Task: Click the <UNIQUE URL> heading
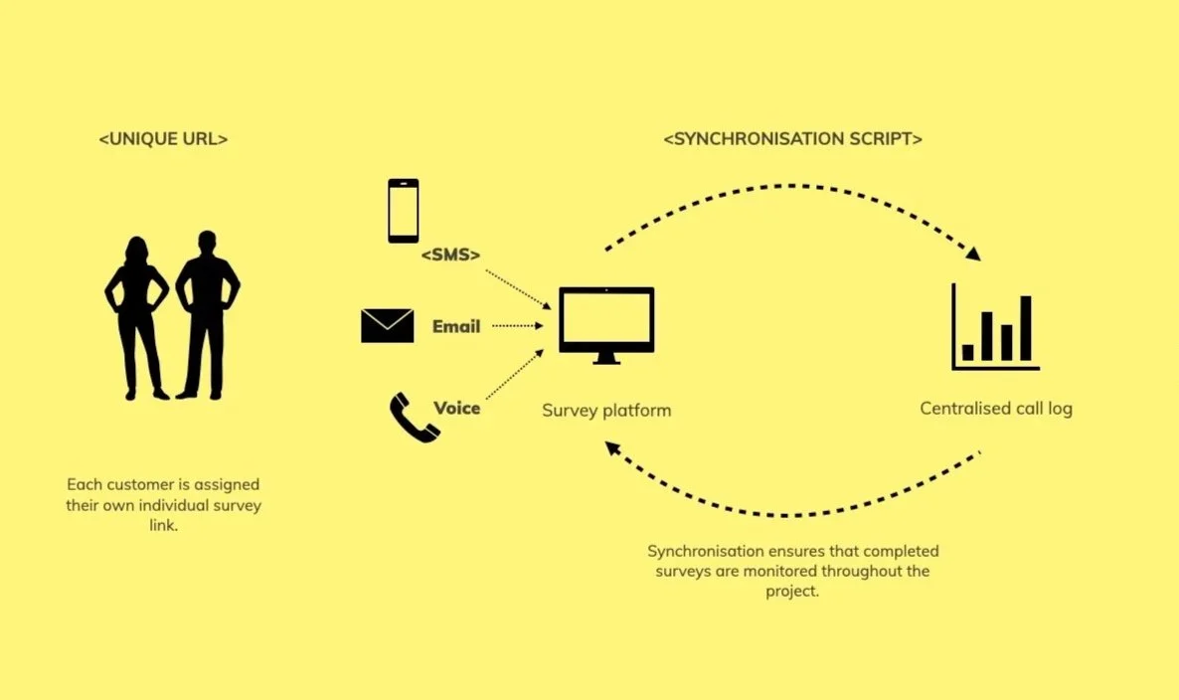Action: [x=163, y=139]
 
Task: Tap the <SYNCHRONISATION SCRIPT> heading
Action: [x=792, y=139]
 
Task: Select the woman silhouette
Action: [x=136, y=317]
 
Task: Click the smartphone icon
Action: [x=403, y=211]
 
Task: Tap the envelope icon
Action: [x=388, y=326]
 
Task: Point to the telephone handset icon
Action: [x=414, y=418]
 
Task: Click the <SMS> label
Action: [x=450, y=256]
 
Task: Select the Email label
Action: [x=456, y=326]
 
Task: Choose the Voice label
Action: [x=457, y=408]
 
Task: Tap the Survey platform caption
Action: [x=606, y=410]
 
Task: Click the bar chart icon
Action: [x=994, y=327]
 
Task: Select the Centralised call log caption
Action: [x=996, y=409]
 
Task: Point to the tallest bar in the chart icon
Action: [x=1026, y=328]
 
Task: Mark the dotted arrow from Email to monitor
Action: [x=515, y=325]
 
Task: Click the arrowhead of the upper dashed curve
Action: [x=973, y=254]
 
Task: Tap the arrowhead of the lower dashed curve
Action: [x=613, y=449]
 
